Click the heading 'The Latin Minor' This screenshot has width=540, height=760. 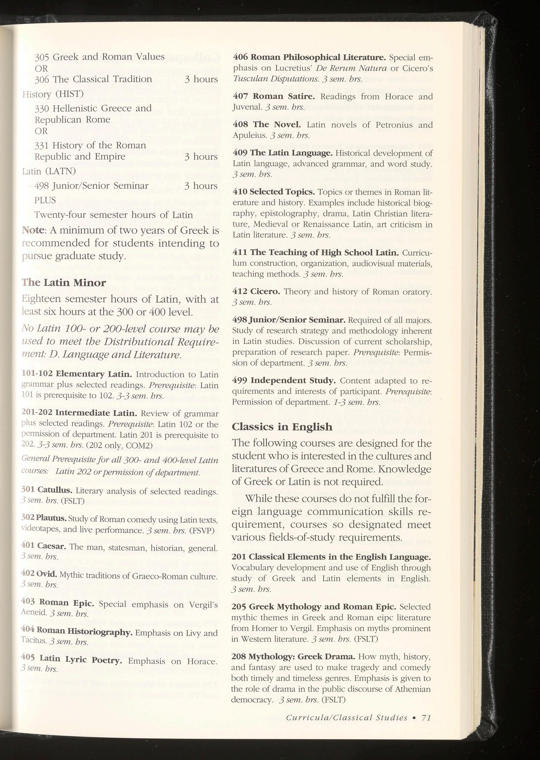point(64,283)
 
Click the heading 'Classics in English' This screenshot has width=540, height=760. point(282,427)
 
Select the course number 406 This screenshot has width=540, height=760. point(240,57)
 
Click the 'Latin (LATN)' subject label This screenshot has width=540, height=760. point(49,171)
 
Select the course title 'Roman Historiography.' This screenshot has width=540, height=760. point(85,632)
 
